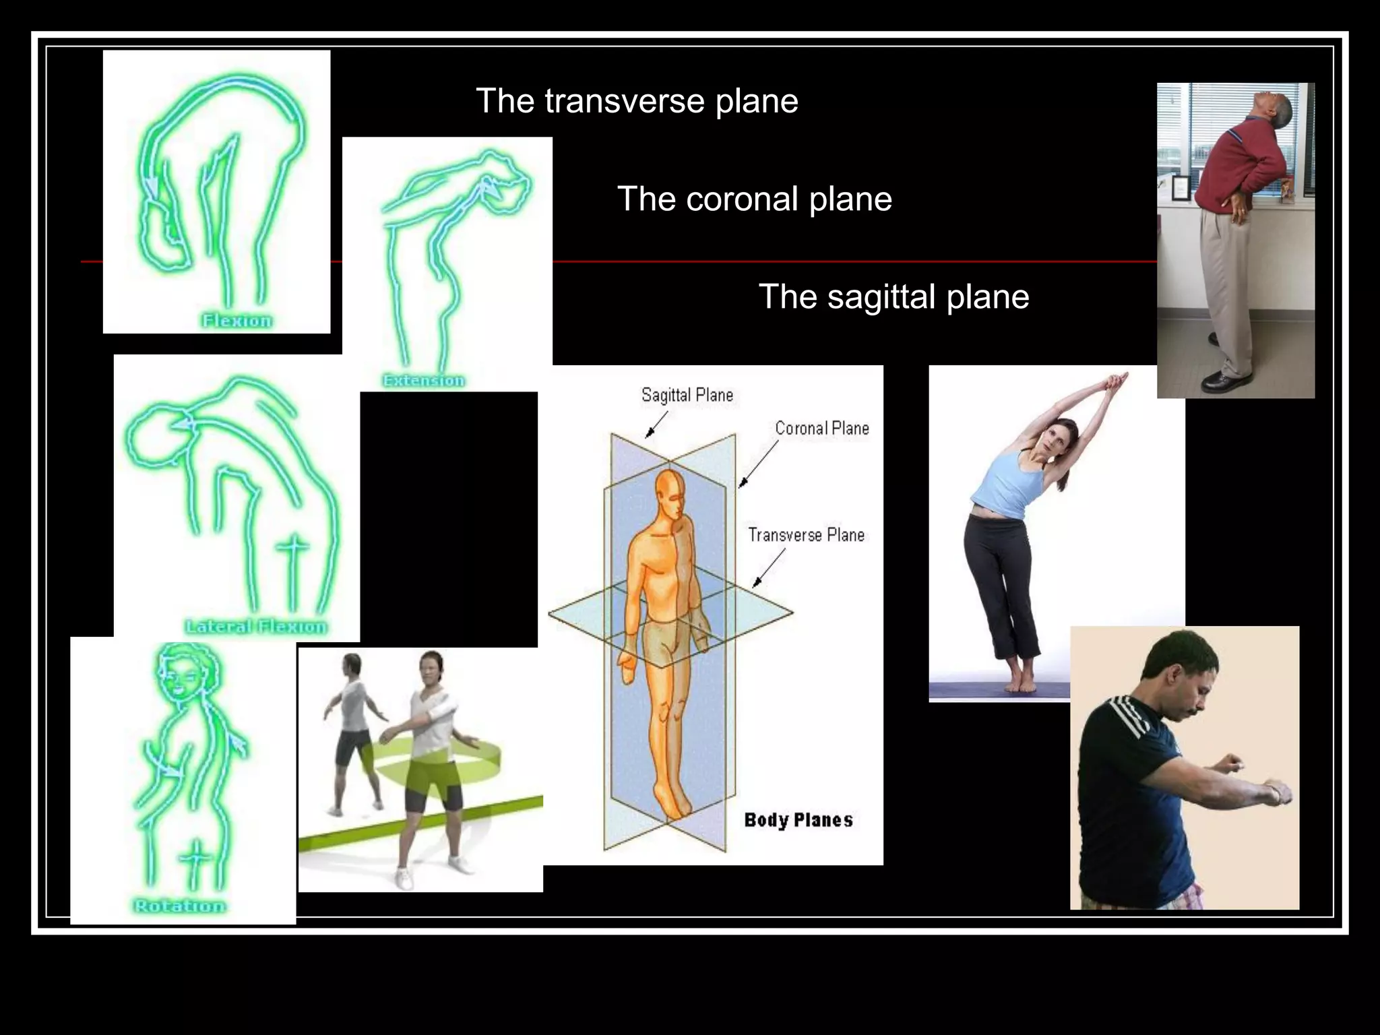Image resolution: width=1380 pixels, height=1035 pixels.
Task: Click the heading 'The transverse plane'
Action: [637, 101]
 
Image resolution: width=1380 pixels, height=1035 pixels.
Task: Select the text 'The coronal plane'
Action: [754, 199]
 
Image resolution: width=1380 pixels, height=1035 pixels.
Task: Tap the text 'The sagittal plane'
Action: [893, 296]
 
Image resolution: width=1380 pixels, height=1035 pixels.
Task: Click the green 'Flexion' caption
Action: [237, 321]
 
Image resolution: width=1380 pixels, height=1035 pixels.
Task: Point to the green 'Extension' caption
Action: [424, 381]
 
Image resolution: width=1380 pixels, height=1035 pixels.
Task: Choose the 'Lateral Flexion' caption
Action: [256, 627]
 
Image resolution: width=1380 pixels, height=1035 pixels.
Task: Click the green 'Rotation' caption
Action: [179, 906]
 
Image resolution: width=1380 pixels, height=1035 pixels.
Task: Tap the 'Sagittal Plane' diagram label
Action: [687, 395]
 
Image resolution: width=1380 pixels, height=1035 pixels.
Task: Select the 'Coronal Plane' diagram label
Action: [821, 428]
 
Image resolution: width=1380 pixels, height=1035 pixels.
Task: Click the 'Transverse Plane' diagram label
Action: [806, 535]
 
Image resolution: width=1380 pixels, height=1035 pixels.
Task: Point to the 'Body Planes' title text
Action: [798, 820]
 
